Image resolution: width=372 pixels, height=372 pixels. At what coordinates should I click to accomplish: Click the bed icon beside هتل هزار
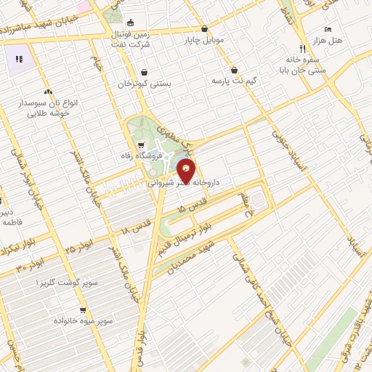point(328,28)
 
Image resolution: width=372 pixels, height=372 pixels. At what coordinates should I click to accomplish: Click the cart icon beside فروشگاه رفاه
point(131,144)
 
